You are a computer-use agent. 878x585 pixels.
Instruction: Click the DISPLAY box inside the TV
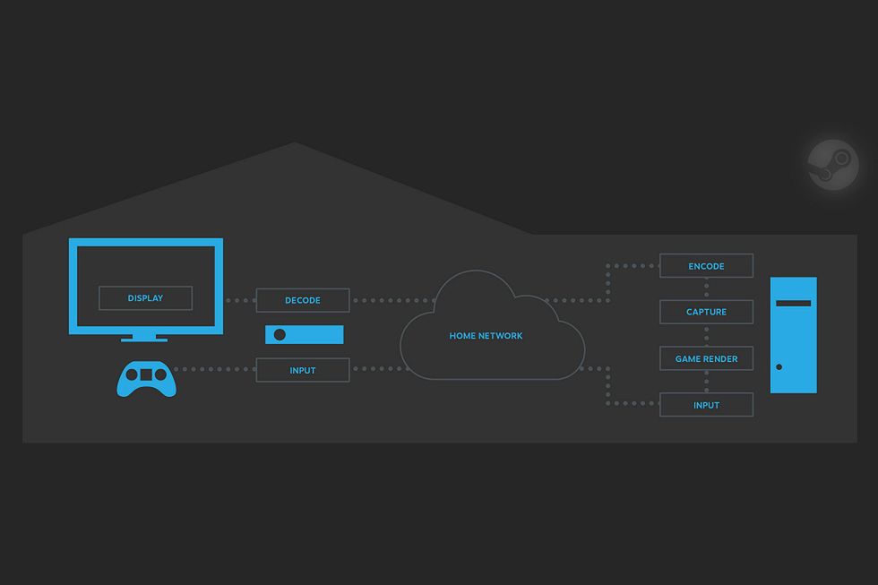(145, 298)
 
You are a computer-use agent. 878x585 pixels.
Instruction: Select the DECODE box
(303, 300)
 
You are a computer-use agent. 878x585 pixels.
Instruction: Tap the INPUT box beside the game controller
(303, 370)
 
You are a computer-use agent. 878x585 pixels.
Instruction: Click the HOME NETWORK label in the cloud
(486, 336)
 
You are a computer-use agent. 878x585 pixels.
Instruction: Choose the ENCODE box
(706, 266)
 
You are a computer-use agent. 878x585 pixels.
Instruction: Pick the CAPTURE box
(706, 312)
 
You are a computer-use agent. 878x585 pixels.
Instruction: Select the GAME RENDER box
(706, 358)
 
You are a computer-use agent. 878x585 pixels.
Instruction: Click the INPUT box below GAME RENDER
(706, 405)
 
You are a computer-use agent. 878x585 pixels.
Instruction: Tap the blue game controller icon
(147, 378)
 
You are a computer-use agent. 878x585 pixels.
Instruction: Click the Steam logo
(833, 165)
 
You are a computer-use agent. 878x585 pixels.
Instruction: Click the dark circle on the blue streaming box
(280, 334)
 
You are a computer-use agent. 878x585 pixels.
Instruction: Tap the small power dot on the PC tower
(779, 366)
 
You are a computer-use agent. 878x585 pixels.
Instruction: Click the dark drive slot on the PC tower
(794, 304)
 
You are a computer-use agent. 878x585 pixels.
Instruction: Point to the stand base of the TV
(144, 339)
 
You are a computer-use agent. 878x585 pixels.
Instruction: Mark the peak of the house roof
(294, 142)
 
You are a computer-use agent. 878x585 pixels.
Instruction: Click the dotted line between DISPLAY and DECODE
(239, 300)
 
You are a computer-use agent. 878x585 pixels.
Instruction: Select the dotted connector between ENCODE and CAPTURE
(706, 288)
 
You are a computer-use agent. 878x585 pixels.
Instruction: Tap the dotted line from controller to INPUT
(215, 369)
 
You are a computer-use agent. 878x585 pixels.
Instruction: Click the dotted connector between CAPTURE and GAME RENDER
(706, 335)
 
